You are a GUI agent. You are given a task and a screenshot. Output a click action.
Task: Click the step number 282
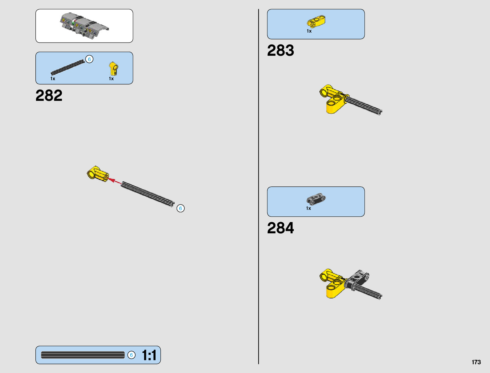49,96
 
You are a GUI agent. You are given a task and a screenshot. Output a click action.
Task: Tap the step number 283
281,50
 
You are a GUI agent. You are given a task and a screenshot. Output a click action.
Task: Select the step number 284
281,228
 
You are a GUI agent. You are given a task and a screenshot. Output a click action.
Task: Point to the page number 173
476,362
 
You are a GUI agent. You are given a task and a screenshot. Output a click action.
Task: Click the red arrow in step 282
115,181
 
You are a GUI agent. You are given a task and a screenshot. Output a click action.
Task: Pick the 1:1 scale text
149,355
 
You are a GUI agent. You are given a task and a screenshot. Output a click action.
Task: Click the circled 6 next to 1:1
132,355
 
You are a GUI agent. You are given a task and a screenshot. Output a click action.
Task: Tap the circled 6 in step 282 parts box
89,59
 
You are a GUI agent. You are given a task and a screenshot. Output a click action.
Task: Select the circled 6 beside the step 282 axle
180,208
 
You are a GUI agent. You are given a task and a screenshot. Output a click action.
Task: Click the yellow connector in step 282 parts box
113,69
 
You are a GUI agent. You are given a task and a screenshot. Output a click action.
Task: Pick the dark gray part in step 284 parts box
316,199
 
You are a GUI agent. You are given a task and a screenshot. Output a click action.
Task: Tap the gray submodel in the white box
84,26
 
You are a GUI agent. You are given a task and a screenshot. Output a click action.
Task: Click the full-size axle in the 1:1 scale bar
83,355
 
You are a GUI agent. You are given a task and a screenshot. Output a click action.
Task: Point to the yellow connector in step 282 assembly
97,174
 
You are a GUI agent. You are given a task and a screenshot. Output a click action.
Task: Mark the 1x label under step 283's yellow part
309,31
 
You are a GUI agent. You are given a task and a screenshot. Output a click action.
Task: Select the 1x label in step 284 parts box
308,208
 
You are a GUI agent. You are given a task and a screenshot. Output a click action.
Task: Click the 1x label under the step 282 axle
53,79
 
